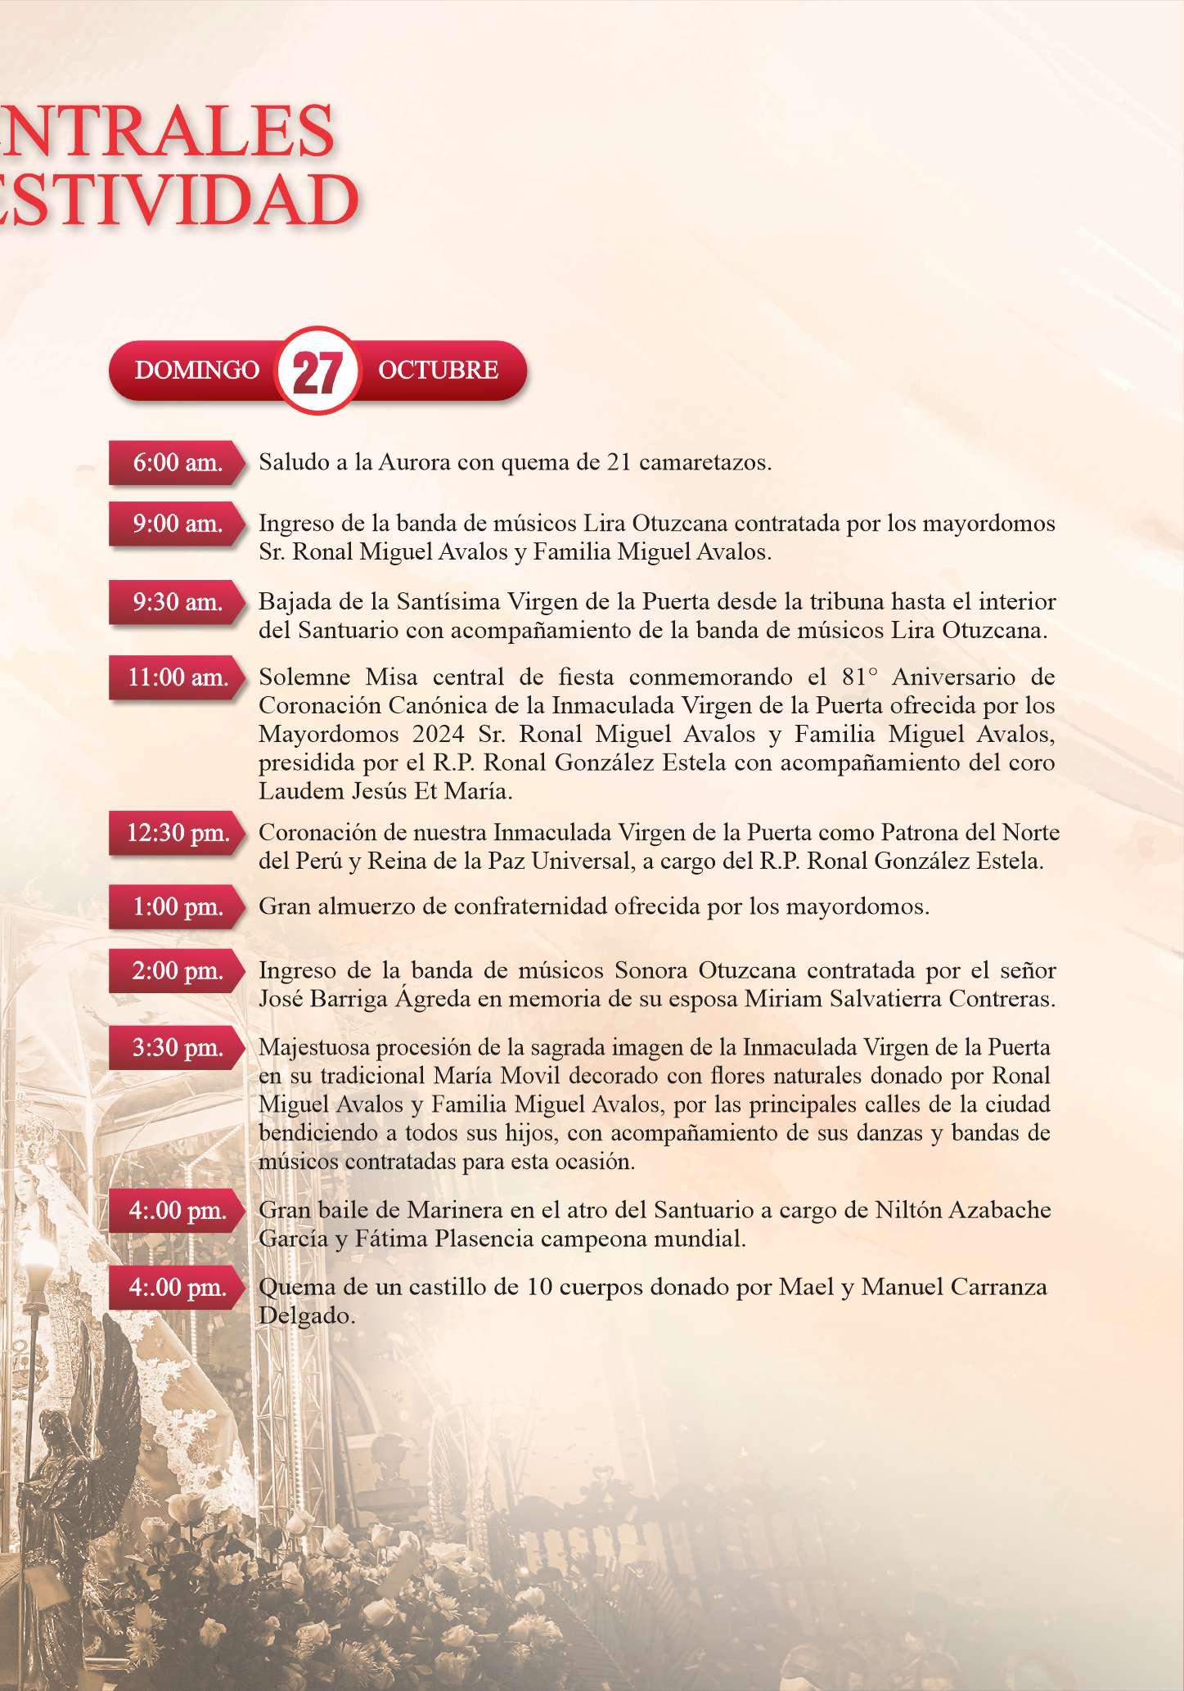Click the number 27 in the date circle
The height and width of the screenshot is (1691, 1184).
coord(317,373)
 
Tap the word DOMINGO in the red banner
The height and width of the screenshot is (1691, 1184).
coord(196,371)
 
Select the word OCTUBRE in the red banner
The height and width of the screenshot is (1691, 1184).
coord(438,371)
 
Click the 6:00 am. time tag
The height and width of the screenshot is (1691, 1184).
coord(178,463)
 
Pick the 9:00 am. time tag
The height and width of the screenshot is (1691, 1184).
coord(178,524)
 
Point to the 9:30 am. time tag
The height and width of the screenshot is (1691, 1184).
coord(178,603)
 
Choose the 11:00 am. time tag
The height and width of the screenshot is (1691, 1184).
coord(178,678)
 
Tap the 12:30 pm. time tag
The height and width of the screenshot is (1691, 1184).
coord(178,834)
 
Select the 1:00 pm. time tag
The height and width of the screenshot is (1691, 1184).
coord(178,907)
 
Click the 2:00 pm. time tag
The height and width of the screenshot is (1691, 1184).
coord(178,972)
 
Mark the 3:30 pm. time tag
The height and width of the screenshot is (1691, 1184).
coord(178,1048)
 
